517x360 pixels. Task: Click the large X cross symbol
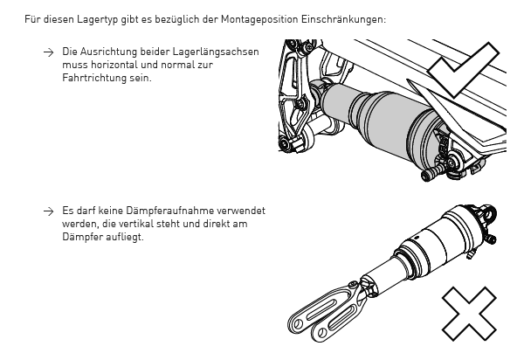coord(469,314)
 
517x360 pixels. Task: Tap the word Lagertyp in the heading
coord(97,19)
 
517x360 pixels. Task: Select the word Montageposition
coord(259,19)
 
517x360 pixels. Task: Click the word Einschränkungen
coord(343,19)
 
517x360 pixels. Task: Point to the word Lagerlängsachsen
coord(216,52)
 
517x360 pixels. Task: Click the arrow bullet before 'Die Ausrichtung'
coord(49,52)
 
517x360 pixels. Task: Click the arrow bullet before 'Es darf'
coord(49,211)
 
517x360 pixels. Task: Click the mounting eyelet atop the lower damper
coord(490,213)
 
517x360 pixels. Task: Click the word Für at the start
coord(32,19)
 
